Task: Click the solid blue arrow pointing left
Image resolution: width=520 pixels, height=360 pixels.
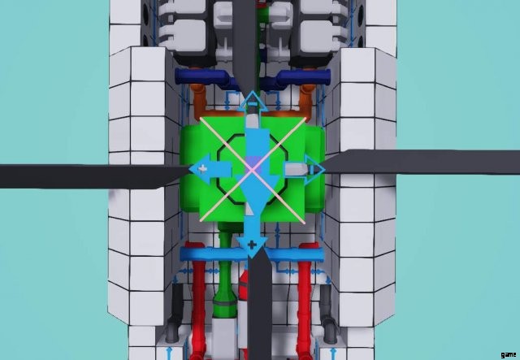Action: tap(210, 169)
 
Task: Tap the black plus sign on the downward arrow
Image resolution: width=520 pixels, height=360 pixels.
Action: tap(253, 245)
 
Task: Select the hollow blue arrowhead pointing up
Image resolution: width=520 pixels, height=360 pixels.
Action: tap(253, 102)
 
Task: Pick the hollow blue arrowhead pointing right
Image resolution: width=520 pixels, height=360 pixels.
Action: tap(314, 169)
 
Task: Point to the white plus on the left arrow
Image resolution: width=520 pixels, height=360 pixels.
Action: tap(202, 168)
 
